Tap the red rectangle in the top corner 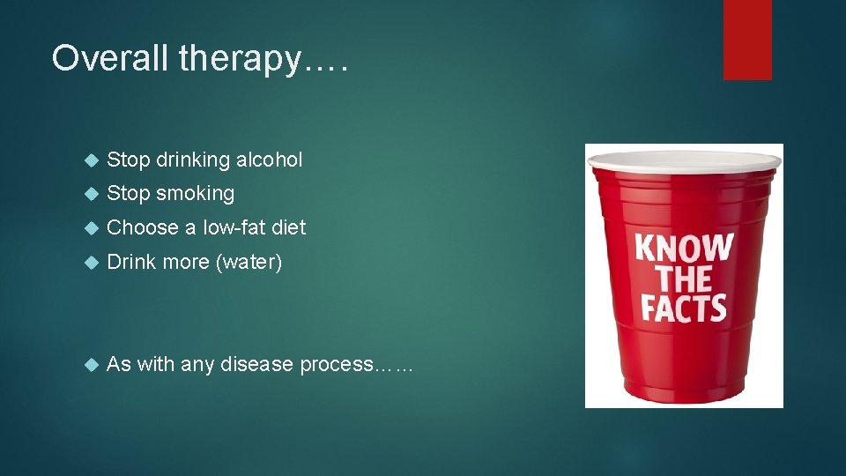[747, 40]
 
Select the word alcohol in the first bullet [268, 160]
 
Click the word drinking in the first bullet [192, 160]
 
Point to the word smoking [197, 194]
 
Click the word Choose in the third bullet [143, 227]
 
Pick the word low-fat [235, 227]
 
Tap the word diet [289, 227]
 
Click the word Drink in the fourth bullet [130, 262]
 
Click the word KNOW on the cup [684, 248]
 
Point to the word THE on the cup [684, 279]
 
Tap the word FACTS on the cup [684, 309]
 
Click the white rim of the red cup [684, 159]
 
